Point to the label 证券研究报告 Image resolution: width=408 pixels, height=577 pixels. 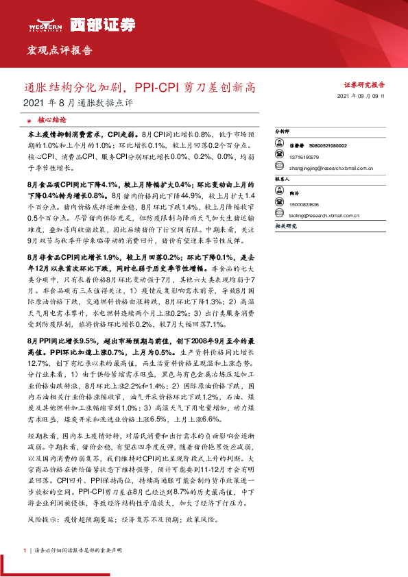363,85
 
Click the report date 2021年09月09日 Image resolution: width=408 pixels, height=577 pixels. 361,97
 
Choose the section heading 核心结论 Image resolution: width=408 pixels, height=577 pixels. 51,119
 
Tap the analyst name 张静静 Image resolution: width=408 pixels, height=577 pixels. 296,146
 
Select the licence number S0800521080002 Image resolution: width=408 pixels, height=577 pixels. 328,146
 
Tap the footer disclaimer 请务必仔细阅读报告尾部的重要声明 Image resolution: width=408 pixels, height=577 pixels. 73,551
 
